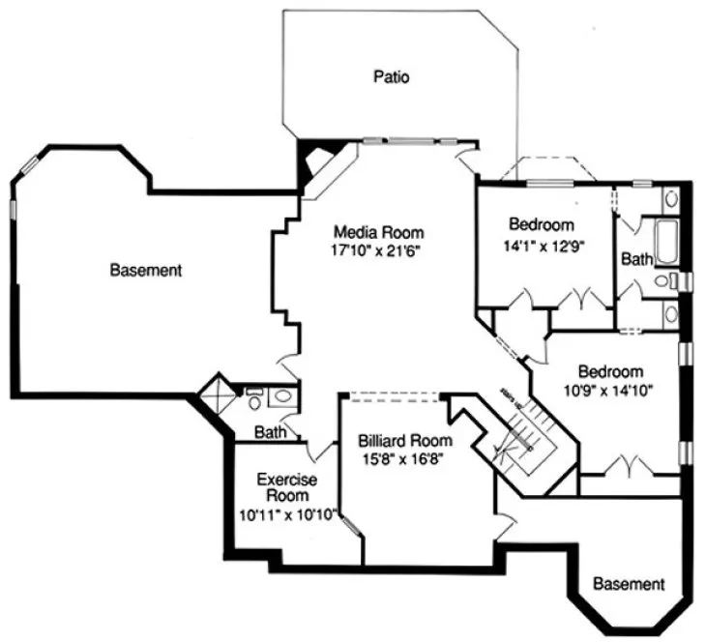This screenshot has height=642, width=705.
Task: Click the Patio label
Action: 392,76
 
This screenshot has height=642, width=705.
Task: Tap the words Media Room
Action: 378,232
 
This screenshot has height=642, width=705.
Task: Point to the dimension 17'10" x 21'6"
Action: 378,249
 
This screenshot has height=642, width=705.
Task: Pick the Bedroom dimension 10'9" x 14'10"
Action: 611,390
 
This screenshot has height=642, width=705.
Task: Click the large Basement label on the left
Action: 145,271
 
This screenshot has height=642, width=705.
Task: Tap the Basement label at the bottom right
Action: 629,584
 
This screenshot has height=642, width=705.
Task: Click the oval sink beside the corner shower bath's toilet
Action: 282,394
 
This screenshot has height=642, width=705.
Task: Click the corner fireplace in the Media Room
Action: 316,163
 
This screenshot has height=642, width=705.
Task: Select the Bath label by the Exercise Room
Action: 270,432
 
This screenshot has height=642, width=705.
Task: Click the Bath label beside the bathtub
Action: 635,259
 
